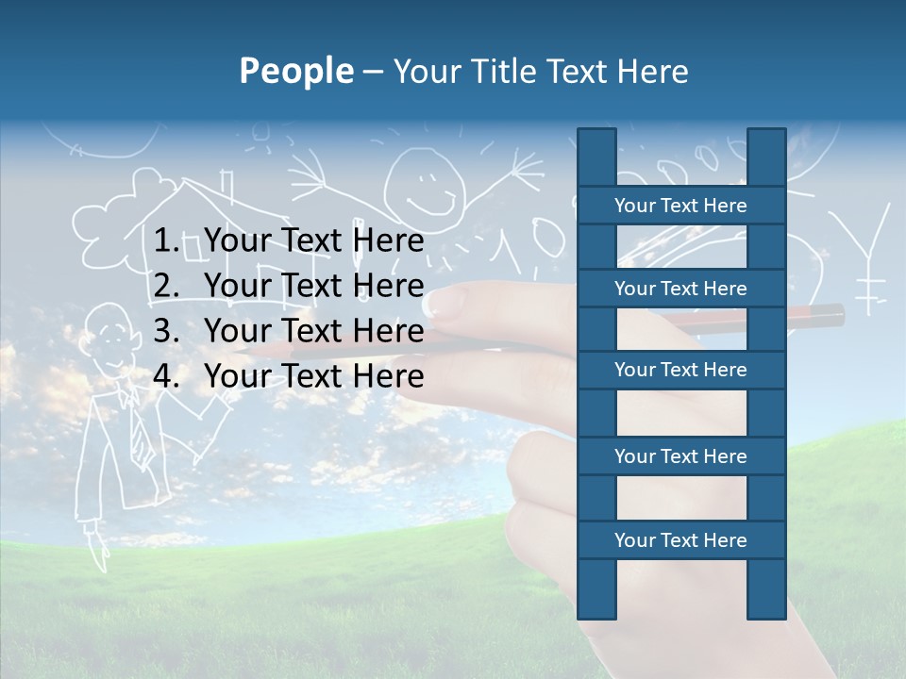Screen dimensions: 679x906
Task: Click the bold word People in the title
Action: tap(296, 71)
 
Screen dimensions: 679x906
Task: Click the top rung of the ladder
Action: tap(680, 206)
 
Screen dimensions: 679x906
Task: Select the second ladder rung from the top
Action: tap(680, 289)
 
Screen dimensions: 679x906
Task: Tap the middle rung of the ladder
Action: tap(680, 371)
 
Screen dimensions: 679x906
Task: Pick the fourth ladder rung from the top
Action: tap(680, 456)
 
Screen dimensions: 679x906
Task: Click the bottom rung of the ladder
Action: tap(680, 540)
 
